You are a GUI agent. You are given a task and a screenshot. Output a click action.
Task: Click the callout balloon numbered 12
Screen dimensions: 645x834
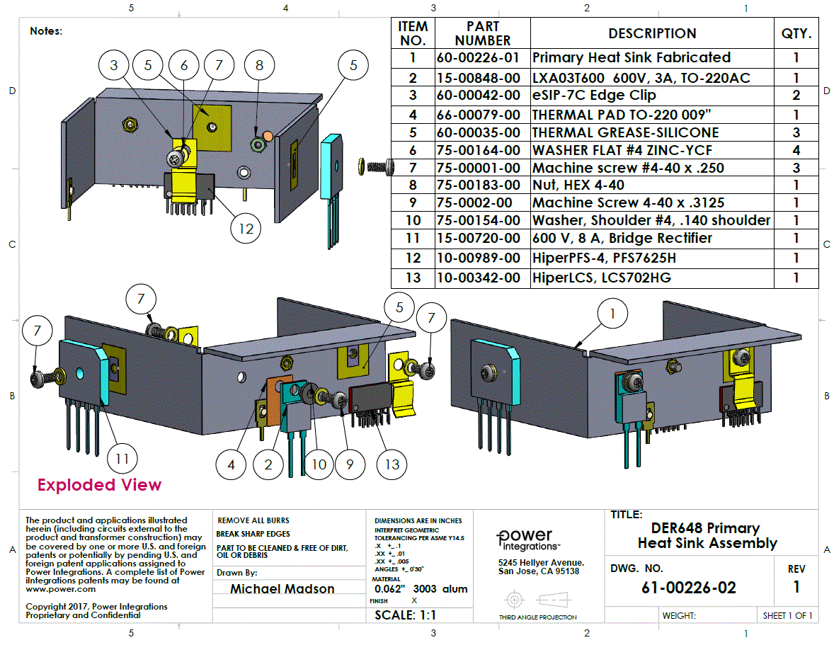click(x=246, y=229)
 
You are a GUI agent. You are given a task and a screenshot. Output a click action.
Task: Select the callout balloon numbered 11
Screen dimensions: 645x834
click(x=122, y=459)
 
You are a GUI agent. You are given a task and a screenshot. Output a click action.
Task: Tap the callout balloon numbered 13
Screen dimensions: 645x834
click(x=392, y=464)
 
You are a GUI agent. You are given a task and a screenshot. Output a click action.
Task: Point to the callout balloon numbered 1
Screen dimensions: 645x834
click(x=614, y=313)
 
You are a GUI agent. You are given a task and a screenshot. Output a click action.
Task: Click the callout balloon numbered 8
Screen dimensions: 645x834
click(x=260, y=65)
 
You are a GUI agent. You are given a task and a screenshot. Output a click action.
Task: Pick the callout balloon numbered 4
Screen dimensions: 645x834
click(x=232, y=464)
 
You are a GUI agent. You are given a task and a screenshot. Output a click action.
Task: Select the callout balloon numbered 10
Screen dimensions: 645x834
click(x=319, y=464)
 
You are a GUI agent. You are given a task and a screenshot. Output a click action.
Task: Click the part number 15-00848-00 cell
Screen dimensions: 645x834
click(x=483, y=77)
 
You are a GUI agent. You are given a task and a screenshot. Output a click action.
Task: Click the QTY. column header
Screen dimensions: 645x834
click(x=796, y=33)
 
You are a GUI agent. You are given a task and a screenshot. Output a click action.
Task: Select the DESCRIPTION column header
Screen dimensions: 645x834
click(x=651, y=33)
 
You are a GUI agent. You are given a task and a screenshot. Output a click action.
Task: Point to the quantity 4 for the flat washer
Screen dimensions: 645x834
click(x=796, y=150)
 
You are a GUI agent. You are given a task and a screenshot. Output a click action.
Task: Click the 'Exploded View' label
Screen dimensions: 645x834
click(x=99, y=485)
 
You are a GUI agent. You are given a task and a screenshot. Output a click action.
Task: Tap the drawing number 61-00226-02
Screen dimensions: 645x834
click(x=688, y=588)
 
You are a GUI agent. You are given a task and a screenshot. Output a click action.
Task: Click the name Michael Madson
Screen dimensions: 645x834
click(x=282, y=589)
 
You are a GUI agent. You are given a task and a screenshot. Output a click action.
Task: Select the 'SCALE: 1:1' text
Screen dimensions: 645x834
click(x=404, y=615)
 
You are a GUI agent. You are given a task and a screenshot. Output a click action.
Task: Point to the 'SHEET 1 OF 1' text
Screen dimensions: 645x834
click(x=787, y=615)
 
